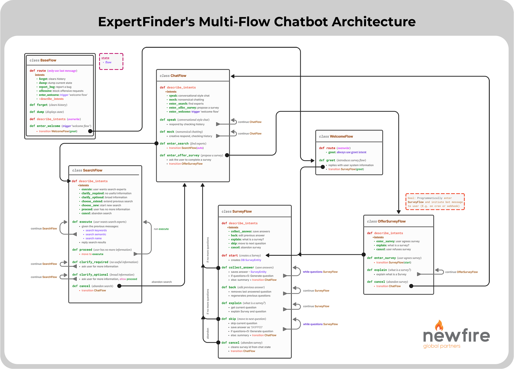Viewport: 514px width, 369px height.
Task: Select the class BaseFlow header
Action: (43, 60)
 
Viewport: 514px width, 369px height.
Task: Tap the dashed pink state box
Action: (111, 61)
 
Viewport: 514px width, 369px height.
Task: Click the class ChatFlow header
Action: (173, 76)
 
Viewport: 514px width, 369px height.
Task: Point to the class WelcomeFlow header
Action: (336, 136)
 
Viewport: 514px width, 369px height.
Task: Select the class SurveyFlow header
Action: (236, 211)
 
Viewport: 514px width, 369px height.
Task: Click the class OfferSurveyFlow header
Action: (386, 221)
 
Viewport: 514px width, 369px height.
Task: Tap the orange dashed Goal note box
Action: (435, 202)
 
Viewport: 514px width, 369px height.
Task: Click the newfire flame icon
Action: (439, 325)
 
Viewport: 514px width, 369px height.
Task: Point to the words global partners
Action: (442, 346)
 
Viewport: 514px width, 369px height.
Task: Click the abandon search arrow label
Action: (161, 282)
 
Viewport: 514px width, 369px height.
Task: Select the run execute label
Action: (161, 229)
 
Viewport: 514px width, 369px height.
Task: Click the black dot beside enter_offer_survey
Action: (227, 155)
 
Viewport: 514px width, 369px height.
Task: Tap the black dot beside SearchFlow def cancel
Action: (119, 286)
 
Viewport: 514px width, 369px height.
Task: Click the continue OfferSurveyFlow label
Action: (461, 272)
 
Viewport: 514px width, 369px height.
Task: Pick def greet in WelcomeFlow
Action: (327, 160)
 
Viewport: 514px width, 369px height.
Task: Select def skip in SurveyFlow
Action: (229, 319)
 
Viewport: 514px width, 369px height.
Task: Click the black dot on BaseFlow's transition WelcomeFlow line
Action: (90, 131)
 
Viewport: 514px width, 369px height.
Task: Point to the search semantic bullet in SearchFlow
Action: (96, 234)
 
